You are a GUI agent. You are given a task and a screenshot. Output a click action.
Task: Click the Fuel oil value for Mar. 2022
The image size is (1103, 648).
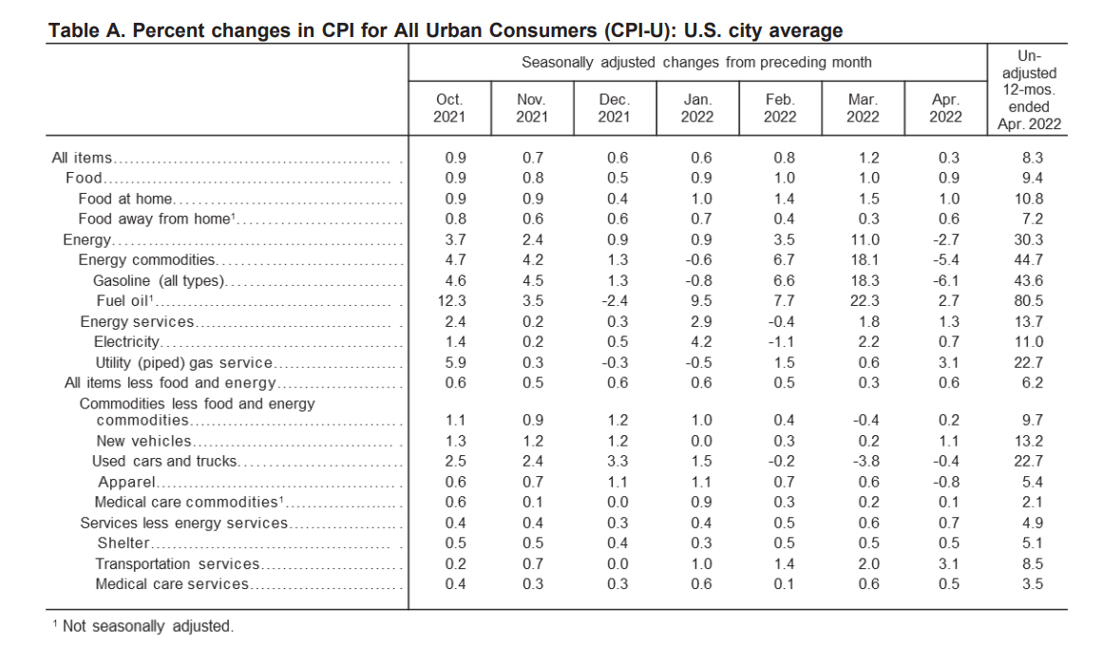pos(865,301)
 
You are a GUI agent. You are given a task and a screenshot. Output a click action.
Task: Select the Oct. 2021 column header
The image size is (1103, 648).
pos(449,108)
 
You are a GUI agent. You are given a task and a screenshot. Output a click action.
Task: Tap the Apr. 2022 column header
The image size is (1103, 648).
pos(945,108)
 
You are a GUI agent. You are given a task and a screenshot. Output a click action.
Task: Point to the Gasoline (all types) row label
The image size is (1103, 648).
pos(159,280)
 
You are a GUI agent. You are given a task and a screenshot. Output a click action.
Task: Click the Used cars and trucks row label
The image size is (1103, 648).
pos(164,462)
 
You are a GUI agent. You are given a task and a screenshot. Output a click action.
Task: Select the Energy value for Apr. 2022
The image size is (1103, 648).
pos(945,240)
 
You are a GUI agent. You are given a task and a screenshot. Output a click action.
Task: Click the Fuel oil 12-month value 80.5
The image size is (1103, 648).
pos(1029,301)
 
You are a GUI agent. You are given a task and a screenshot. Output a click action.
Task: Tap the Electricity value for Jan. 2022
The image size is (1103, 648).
pos(701,342)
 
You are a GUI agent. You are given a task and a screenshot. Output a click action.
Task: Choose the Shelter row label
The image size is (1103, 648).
pos(124,543)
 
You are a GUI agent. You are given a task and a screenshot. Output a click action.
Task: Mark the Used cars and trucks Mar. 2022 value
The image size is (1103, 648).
pos(865,462)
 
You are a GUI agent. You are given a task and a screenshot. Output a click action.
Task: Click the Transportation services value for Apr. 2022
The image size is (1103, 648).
pos(949,564)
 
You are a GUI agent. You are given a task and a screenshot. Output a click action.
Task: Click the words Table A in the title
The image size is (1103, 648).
pos(86,31)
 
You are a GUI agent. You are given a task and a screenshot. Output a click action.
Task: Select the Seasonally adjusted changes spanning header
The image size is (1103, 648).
pos(696,63)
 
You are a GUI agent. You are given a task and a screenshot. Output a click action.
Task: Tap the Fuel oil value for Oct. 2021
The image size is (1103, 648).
pos(451,301)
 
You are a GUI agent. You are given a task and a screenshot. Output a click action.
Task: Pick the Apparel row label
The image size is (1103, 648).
pos(126,483)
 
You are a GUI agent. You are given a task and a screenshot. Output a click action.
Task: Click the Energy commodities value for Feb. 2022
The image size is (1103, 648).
pos(785,260)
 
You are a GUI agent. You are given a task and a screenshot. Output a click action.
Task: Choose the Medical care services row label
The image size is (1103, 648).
pos(172,584)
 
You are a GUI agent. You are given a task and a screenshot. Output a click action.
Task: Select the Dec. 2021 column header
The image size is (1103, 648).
pos(614,108)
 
